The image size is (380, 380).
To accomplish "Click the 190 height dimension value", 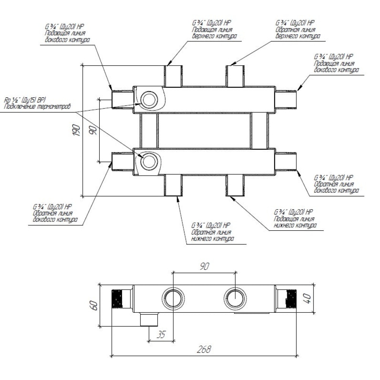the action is click(x=77, y=130).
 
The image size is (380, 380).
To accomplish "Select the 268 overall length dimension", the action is click(x=204, y=349).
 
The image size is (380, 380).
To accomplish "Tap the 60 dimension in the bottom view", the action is click(x=94, y=306).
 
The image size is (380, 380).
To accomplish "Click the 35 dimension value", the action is click(x=161, y=334).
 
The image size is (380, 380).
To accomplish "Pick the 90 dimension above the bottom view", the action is click(x=204, y=266).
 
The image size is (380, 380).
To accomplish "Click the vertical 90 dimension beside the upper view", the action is click(x=93, y=131).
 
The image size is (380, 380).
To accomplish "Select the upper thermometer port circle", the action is click(x=149, y=100).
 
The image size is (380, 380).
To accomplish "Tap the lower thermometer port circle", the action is click(x=149, y=161).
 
